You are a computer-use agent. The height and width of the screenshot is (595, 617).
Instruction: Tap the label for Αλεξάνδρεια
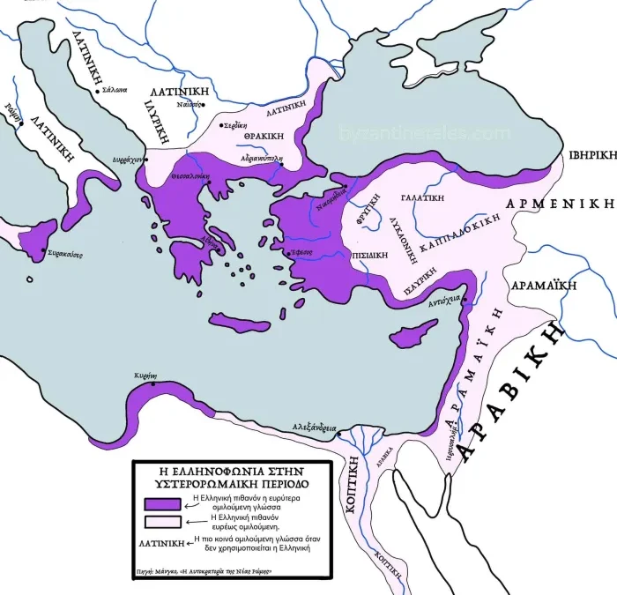315,428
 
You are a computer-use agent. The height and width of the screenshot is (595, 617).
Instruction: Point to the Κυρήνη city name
145,376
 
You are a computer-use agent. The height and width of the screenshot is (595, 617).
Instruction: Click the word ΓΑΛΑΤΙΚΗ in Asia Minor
420,198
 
